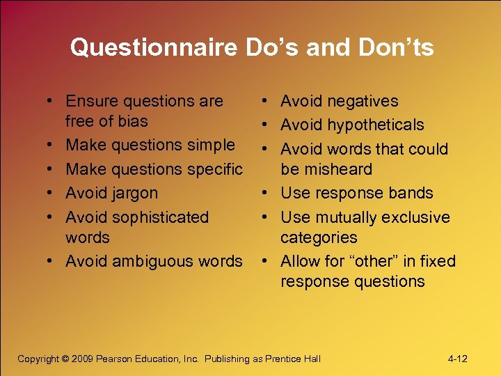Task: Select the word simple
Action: pyautogui.click(x=207, y=145)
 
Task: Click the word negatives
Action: pyautogui.click(x=365, y=101)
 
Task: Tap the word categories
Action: pyautogui.click(x=319, y=237)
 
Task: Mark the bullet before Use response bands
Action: pyautogui.click(x=267, y=194)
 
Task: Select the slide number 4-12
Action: pyautogui.click(x=457, y=359)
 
